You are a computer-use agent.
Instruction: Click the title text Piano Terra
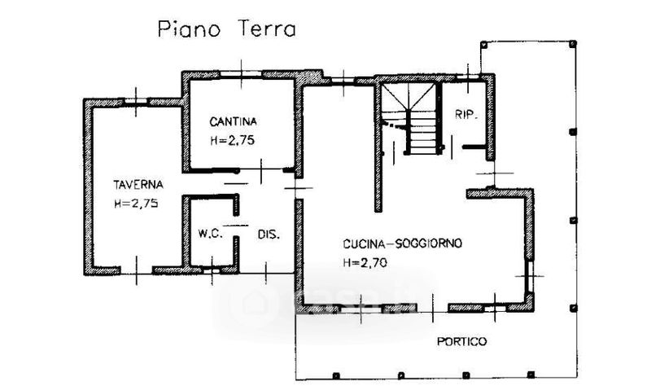click(x=227, y=29)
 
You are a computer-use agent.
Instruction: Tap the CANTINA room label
click(x=233, y=121)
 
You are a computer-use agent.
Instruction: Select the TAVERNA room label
click(x=138, y=185)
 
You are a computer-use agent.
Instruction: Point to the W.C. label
click(x=210, y=234)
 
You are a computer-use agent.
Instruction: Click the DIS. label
click(x=269, y=235)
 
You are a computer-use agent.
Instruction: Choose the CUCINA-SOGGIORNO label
click(x=402, y=243)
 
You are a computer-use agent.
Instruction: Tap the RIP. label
click(x=466, y=115)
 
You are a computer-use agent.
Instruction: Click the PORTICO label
click(x=461, y=341)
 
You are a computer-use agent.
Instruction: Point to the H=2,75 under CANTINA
click(x=233, y=140)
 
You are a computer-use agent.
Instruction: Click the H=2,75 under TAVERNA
click(x=136, y=204)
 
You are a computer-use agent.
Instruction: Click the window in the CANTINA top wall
click(x=241, y=74)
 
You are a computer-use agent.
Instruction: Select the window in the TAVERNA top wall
click(x=136, y=101)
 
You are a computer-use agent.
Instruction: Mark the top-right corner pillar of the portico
click(x=573, y=43)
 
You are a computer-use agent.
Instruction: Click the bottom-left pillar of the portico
click(x=336, y=375)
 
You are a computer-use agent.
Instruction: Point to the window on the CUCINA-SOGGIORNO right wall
click(x=530, y=276)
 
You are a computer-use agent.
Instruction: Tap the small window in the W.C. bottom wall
click(x=212, y=270)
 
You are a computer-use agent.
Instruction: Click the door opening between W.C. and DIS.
click(x=236, y=226)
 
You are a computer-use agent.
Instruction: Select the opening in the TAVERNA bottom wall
click(x=136, y=270)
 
